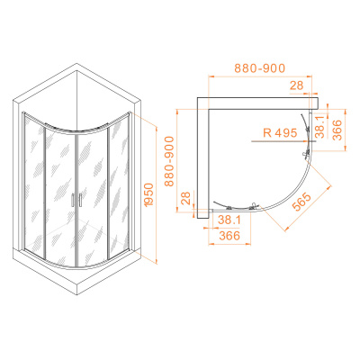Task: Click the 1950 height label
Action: [x=149, y=194]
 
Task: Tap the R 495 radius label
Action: [x=280, y=132]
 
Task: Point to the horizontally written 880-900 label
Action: [x=259, y=68]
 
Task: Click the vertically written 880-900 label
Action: [x=169, y=161]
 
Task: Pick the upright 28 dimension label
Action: [x=297, y=85]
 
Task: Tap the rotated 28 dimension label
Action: [x=186, y=198]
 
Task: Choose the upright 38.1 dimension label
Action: [x=229, y=220]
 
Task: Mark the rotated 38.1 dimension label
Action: [x=321, y=127]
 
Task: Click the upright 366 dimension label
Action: [x=229, y=236]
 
